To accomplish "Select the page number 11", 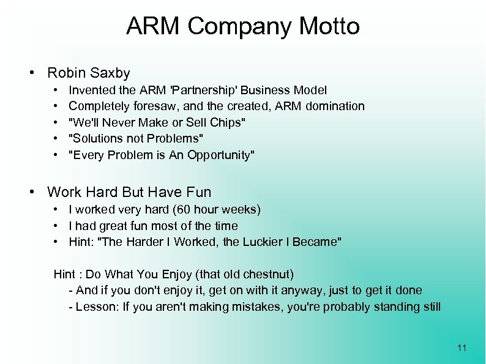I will (x=462, y=349).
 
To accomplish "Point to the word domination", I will (x=334, y=106).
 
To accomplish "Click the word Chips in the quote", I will (x=226, y=122).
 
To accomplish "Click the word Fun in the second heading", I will (x=198, y=192).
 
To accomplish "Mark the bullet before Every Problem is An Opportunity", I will (x=56, y=155).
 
